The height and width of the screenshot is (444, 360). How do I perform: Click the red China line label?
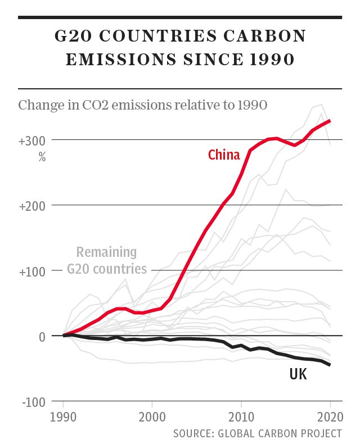pyautogui.click(x=224, y=155)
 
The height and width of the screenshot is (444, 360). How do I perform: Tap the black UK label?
pyautogui.click(x=298, y=374)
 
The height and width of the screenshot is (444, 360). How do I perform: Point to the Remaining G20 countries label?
pyautogui.click(x=107, y=260)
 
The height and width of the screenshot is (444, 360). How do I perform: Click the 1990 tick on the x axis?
pyautogui.click(x=64, y=418)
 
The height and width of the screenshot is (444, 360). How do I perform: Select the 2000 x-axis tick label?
pyautogui.click(x=152, y=418)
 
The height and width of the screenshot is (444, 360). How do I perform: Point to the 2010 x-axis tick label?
pyautogui.click(x=241, y=418)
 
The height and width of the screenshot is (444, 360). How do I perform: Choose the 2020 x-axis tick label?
pyautogui.click(x=330, y=418)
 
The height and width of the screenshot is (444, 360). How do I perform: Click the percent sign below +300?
pyautogui.click(x=42, y=157)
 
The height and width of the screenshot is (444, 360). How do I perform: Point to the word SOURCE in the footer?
pyautogui.click(x=194, y=433)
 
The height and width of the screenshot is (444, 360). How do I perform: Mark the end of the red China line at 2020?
pyautogui.click(x=330, y=120)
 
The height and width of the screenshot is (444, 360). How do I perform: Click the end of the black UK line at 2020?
pyautogui.click(x=330, y=365)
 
